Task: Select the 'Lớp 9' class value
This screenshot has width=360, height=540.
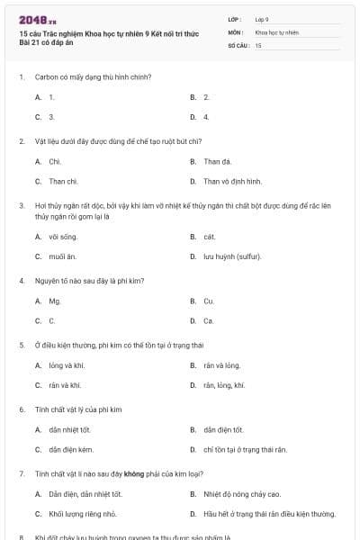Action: coord(261,19)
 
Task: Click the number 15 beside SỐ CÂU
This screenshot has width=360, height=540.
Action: coord(258,45)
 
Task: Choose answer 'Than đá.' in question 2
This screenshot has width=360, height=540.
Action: coord(217,162)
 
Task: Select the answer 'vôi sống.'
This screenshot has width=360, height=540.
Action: coord(63,237)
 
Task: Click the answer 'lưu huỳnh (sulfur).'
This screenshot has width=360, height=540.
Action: coord(232,256)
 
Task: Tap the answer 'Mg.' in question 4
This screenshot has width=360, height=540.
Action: coord(55,301)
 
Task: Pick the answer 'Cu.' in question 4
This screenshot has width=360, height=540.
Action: coord(209,301)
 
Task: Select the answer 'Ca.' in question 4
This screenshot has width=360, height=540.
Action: coord(209,320)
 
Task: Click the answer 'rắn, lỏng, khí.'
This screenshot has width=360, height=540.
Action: coord(224,385)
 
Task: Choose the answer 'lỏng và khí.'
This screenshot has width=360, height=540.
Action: coord(67,366)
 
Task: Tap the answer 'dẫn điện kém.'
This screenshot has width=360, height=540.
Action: coord(71,449)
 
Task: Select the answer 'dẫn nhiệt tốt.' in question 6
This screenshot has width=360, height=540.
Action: coord(70,430)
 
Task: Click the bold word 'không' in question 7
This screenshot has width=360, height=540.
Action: coord(133,473)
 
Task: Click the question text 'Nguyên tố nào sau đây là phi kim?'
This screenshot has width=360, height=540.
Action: coord(89,281)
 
